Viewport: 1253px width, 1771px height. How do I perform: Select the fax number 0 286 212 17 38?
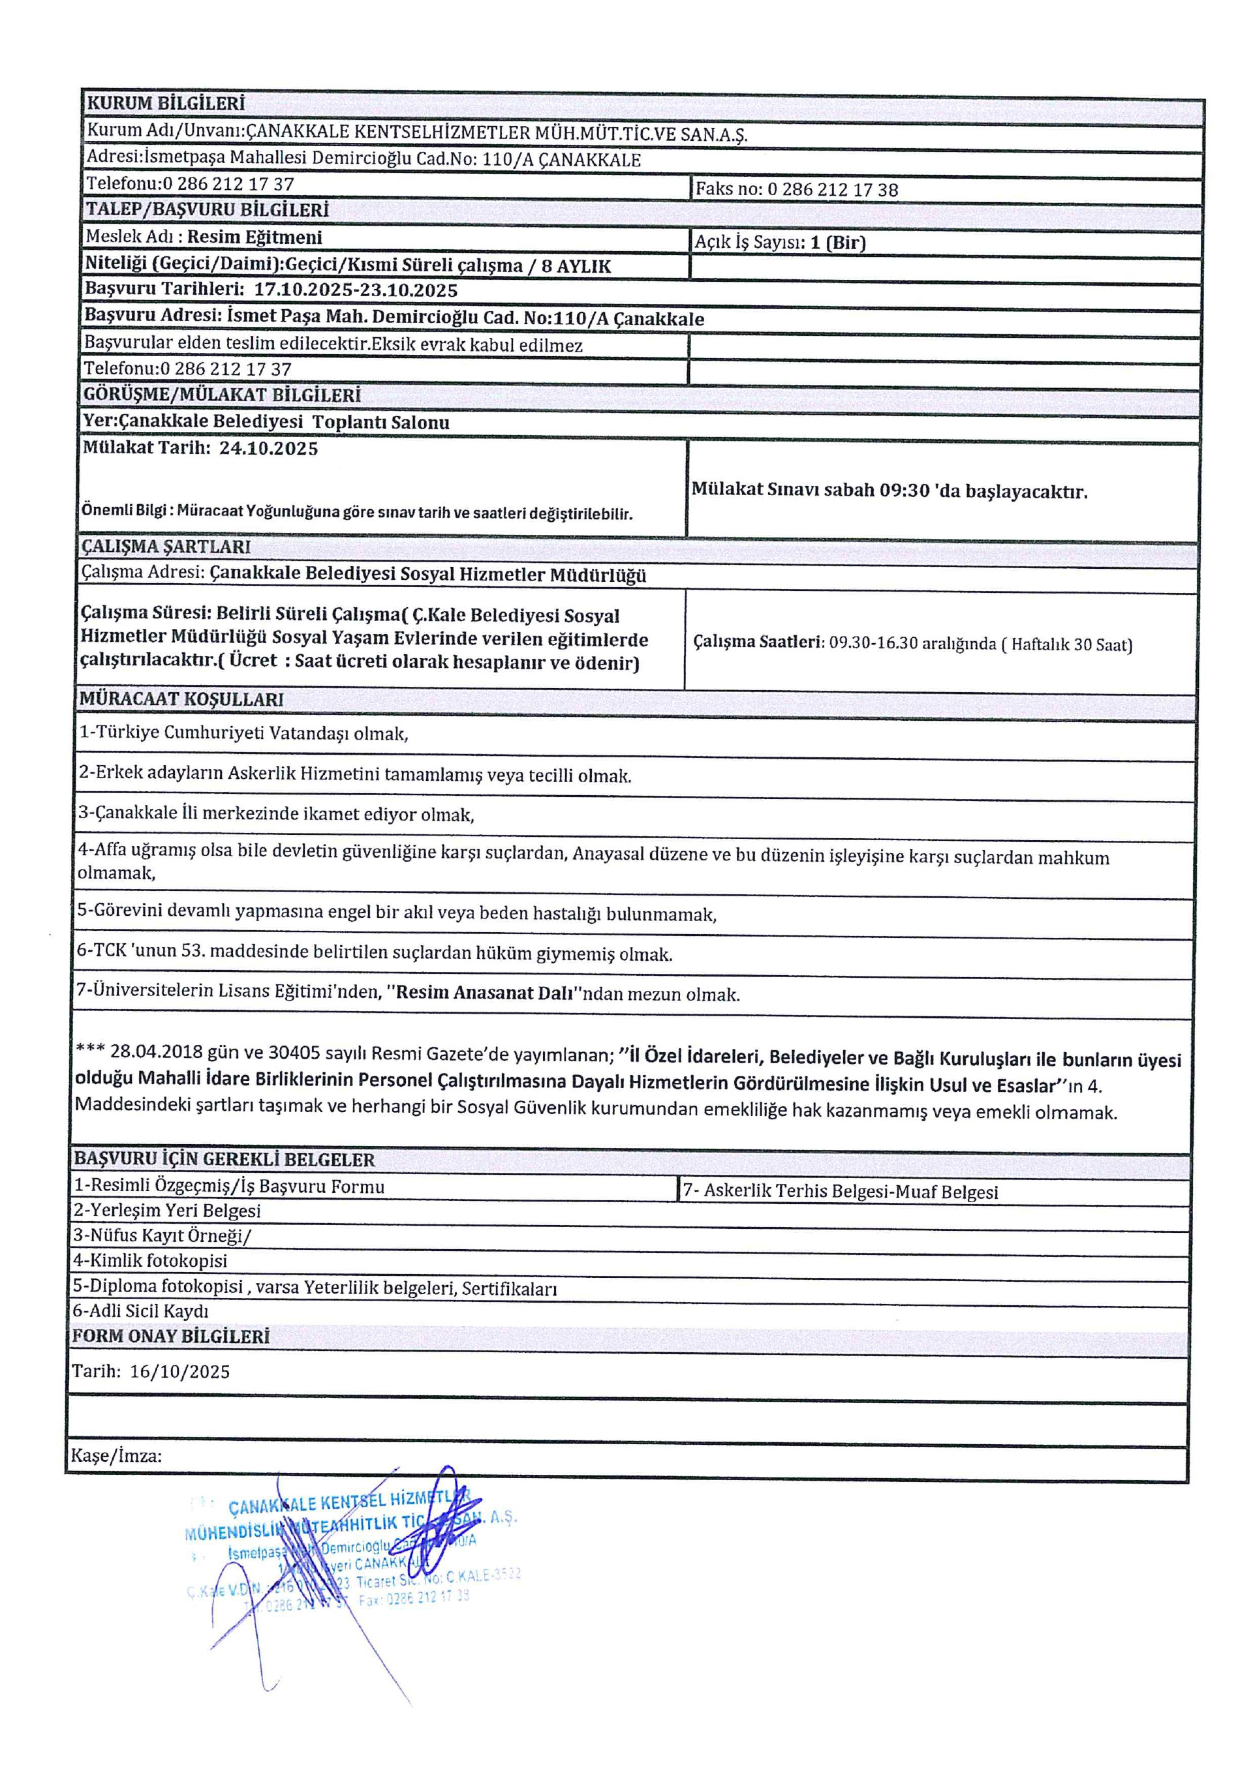pos(833,190)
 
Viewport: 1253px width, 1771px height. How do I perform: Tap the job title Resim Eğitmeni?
pos(255,237)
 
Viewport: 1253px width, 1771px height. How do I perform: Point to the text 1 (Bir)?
pos(838,243)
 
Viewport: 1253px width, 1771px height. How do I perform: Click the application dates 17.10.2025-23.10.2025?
pos(356,291)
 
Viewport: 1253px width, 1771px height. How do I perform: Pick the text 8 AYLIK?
pos(576,267)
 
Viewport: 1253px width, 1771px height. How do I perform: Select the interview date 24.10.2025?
pos(268,449)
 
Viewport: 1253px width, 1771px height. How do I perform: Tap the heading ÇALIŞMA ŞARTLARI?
pos(166,547)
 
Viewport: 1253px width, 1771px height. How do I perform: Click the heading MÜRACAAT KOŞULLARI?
pos(181,700)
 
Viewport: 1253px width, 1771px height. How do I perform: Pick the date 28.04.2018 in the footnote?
pos(157,1052)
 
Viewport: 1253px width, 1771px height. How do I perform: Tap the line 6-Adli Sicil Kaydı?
pos(141,1310)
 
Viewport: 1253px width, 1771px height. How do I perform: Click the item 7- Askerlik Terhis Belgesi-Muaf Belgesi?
pos(840,1192)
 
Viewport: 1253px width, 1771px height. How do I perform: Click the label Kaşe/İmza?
pos(117,1457)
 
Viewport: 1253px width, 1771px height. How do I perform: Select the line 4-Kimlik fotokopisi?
pos(151,1260)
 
